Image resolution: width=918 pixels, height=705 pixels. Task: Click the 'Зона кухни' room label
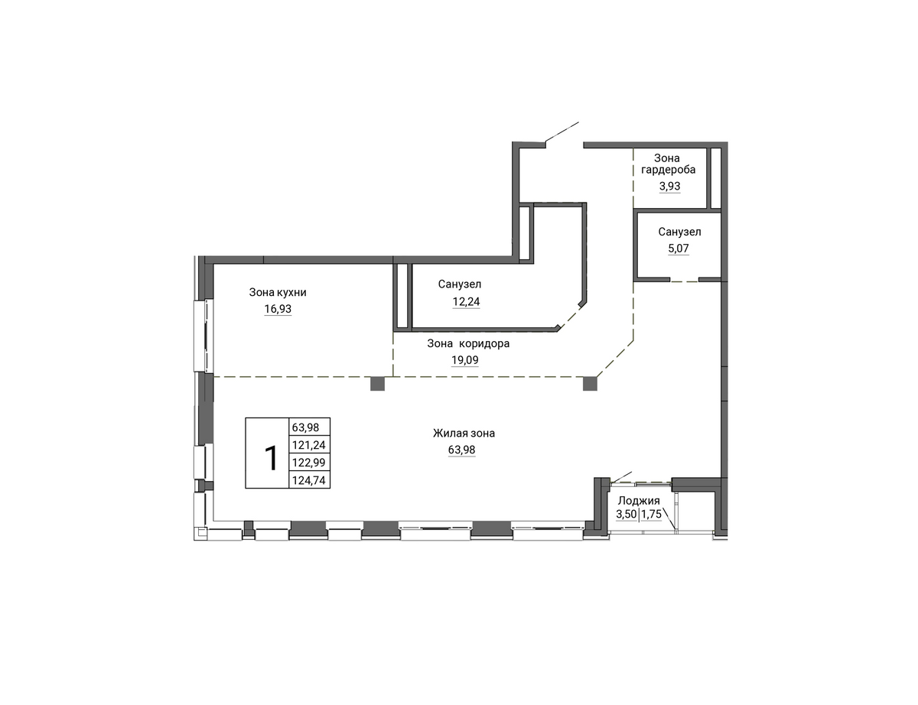tap(278, 292)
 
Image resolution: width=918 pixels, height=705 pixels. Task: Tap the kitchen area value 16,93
tap(278, 309)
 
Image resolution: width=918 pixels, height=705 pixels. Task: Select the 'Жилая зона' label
tap(464, 433)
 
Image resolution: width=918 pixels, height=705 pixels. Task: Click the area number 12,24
tap(466, 302)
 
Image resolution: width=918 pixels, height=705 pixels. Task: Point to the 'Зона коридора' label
tap(468, 343)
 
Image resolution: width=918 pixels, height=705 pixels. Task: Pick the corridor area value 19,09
tap(465, 360)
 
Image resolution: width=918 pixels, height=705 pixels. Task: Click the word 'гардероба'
tap(669, 170)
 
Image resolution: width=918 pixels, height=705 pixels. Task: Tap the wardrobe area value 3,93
tap(670, 186)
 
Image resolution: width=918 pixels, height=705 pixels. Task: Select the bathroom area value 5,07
tap(679, 249)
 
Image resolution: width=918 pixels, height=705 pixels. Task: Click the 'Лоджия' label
tap(639, 501)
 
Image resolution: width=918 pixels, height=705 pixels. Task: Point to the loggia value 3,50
tap(626, 514)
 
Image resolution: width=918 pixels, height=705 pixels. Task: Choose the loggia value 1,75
tap(652, 514)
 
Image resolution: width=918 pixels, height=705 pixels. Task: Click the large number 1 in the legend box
tap(270, 458)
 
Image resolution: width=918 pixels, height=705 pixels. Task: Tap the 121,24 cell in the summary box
tap(309, 445)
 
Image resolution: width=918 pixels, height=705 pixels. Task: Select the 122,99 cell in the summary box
tap(309, 463)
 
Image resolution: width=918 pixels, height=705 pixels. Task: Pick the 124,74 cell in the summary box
tap(309, 480)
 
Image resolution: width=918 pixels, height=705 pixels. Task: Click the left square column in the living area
tap(378, 383)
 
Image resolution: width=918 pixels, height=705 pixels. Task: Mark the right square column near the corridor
tap(590, 383)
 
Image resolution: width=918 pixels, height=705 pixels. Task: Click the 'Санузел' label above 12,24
tap(460, 284)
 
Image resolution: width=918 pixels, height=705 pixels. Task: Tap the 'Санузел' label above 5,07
tap(680, 232)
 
